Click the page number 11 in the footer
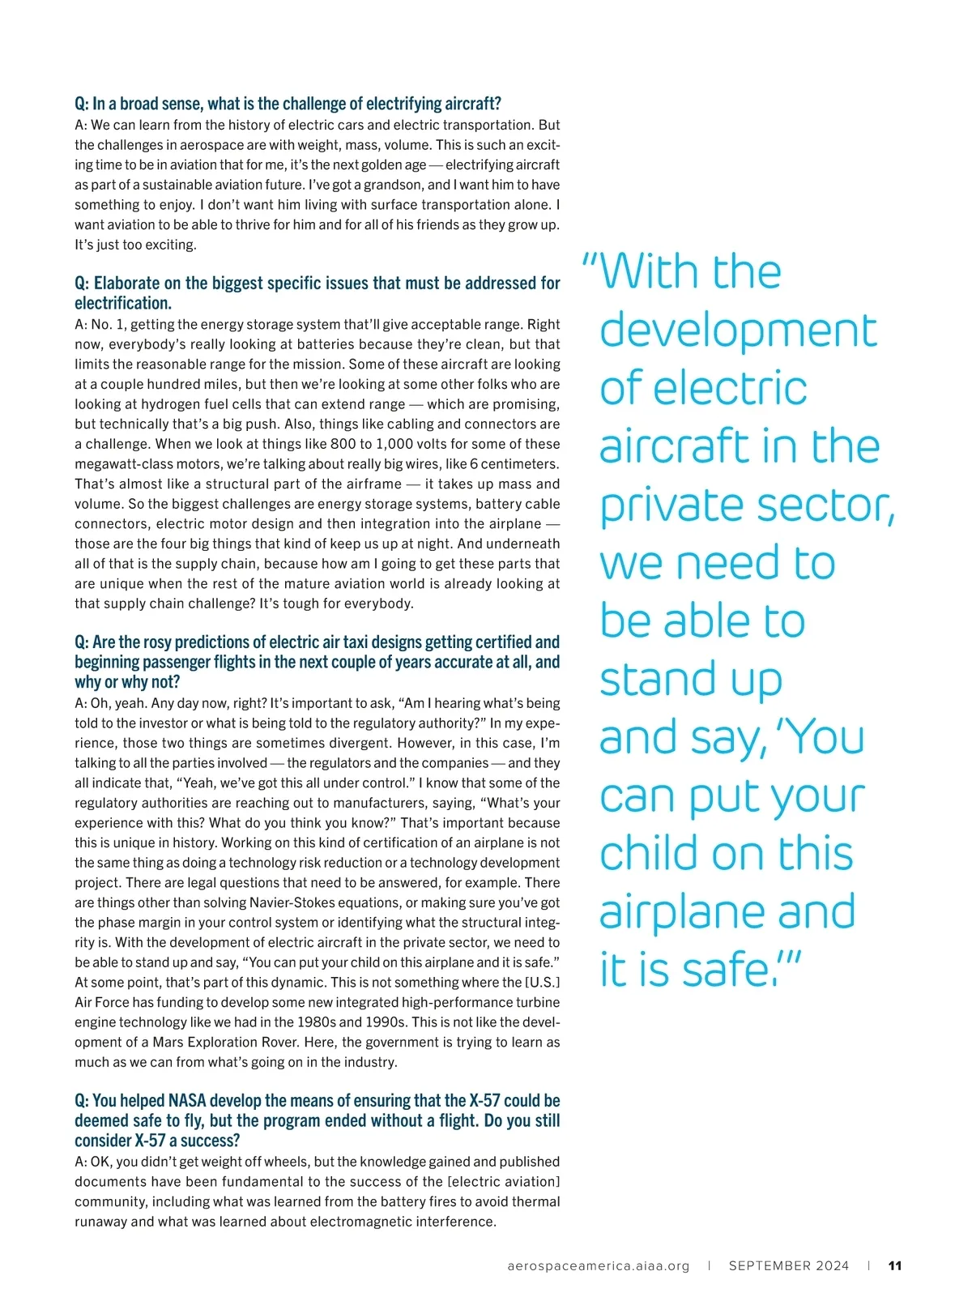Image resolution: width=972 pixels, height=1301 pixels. click(895, 1265)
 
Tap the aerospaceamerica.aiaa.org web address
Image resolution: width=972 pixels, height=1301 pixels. click(599, 1265)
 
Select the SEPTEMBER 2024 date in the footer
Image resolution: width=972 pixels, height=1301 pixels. click(789, 1265)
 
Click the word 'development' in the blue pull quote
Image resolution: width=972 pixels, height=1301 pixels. click(738, 331)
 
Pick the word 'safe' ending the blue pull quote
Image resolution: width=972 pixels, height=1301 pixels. click(725, 970)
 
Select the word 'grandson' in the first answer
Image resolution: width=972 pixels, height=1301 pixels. click(392, 185)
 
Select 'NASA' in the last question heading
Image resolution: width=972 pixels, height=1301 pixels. click(188, 1101)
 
